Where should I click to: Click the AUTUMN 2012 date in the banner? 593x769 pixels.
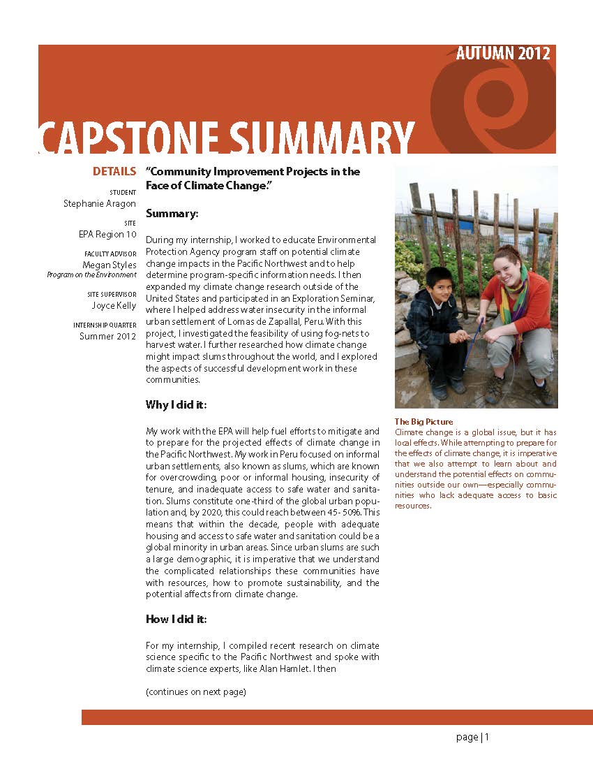coord(502,54)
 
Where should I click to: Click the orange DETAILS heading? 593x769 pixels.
coord(114,171)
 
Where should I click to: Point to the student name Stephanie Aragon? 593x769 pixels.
coord(100,204)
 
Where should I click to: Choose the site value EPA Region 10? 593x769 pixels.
coord(107,234)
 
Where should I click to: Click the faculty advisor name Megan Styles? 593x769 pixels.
coord(110,265)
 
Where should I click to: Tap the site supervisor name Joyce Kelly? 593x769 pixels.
coord(114,305)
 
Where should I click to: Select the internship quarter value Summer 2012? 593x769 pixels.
coord(107,336)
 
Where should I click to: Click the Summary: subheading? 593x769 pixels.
coord(172,213)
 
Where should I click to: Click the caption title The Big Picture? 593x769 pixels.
coord(423,421)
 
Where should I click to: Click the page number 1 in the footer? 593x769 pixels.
coord(487,737)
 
